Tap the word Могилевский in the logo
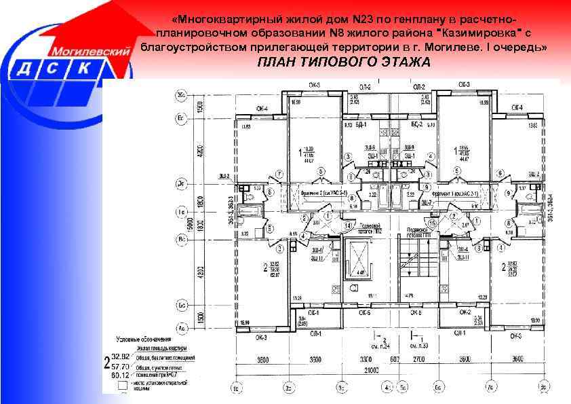(x=87, y=51)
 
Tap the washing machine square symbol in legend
(x=122, y=384)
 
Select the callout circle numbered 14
(x=349, y=225)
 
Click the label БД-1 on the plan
(x=361, y=126)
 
